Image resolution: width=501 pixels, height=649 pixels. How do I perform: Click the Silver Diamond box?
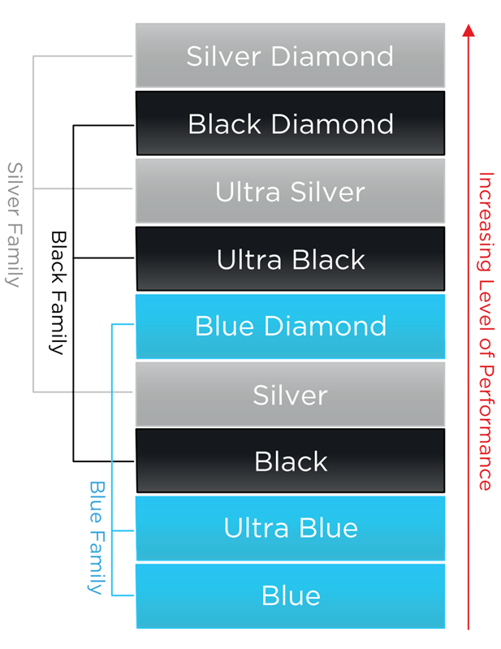(290, 56)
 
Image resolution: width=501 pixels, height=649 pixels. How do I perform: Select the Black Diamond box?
(290, 123)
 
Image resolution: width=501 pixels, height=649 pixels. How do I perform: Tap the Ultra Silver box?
(290, 192)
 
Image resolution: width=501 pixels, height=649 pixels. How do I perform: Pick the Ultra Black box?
(290, 259)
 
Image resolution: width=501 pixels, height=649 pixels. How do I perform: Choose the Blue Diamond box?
(290, 327)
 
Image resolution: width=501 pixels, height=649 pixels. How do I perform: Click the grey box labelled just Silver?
(290, 395)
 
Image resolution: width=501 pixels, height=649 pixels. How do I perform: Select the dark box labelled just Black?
(290, 461)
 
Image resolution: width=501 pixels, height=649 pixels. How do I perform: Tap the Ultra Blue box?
(290, 528)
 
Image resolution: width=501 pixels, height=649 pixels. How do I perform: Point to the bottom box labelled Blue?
(290, 595)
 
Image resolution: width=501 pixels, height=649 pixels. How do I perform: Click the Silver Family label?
(15, 224)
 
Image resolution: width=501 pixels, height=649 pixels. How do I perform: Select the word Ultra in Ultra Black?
(242, 259)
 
